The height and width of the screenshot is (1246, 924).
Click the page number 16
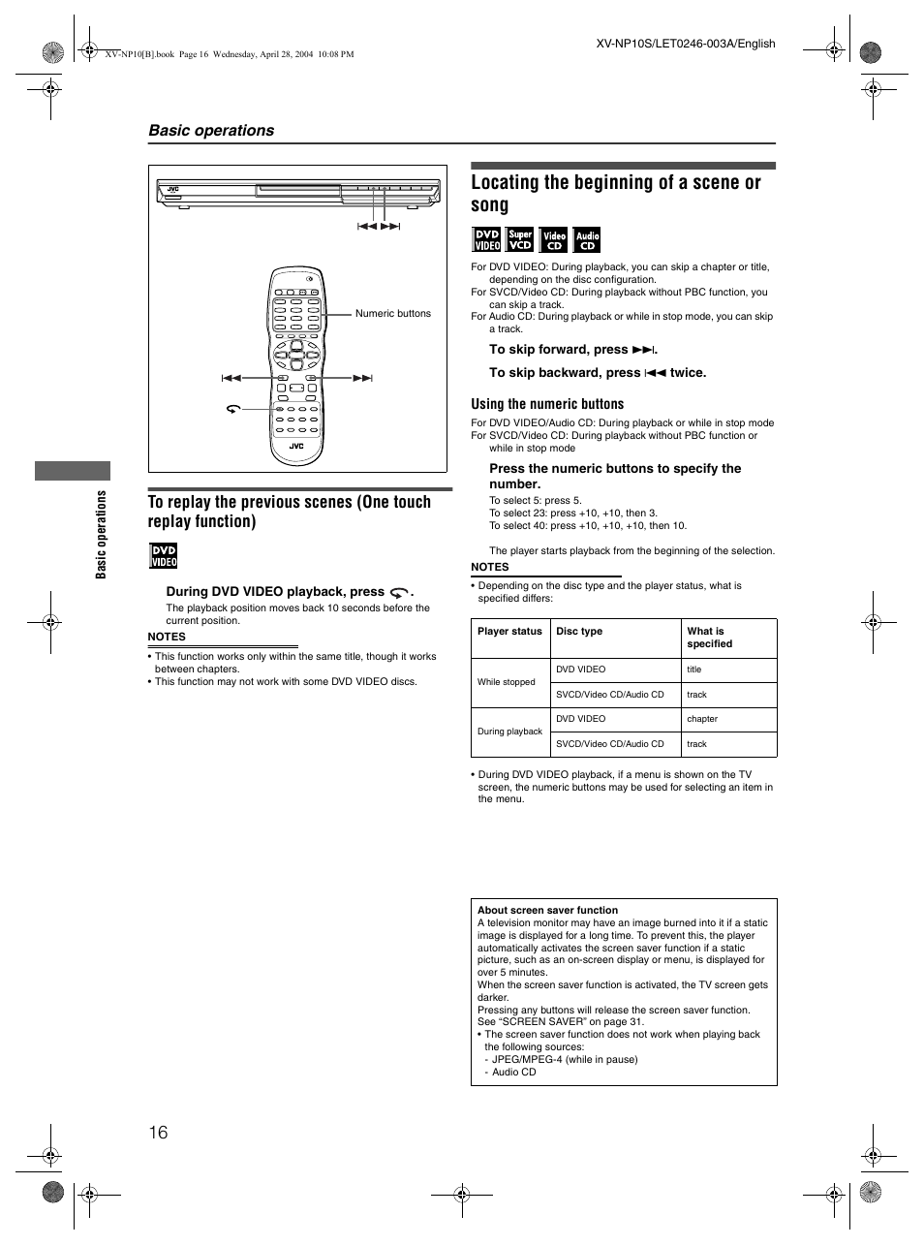(159, 1132)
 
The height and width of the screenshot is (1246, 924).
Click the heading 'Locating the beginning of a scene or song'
(615, 193)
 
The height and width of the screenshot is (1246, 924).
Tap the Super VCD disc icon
(520, 239)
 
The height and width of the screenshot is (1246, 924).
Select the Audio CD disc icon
(587, 239)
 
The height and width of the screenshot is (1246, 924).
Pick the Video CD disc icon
(553, 239)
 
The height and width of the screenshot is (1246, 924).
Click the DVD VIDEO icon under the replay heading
(163, 556)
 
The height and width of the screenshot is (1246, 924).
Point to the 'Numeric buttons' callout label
(392, 313)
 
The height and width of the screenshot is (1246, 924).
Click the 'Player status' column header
(509, 632)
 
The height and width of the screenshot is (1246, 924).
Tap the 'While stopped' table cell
(506, 682)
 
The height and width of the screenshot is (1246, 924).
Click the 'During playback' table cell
(509, 732)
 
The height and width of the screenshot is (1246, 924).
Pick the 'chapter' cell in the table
(702, 719)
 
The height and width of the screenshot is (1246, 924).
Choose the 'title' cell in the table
(694, 670)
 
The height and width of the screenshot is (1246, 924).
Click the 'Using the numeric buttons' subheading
(547, 404)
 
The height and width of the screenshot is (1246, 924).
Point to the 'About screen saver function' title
(547, 910)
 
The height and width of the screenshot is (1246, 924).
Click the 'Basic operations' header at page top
(211, 130)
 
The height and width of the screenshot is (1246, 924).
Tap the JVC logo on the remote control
(296, 446)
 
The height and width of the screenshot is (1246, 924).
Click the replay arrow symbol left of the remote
(232, 410)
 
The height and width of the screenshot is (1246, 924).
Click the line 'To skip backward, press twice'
(598, 372)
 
